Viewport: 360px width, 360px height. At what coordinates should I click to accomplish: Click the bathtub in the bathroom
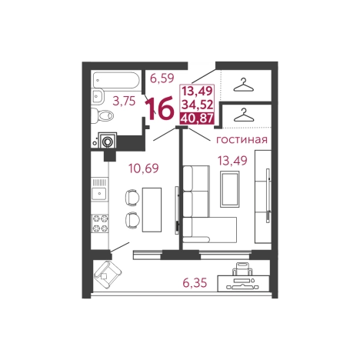tap(116, 80)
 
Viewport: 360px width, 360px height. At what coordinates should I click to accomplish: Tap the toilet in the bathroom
tap(103, 115)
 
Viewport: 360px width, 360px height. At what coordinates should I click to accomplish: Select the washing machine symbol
tap(107, 141)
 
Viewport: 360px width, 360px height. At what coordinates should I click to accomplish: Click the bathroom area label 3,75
tap(124, 102)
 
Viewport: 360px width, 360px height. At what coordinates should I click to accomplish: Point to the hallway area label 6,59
tap(162, 78)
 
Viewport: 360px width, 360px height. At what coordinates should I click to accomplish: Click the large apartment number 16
tap(159, 108)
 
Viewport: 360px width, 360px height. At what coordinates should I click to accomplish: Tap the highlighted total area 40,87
tap(197, 118)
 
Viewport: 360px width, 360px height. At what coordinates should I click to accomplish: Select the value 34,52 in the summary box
tap(197, 105)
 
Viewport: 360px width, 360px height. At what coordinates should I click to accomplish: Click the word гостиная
tap(242, 140)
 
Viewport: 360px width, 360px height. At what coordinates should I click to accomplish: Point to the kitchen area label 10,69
tap(144, 168)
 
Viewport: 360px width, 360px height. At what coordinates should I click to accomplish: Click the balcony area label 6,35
tap(195, 283)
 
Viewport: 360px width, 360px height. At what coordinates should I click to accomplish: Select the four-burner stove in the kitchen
tap(100, 223)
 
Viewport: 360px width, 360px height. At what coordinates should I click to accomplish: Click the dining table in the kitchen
tap(152, 209)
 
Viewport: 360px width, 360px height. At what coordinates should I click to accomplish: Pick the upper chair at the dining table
tap(132, 198)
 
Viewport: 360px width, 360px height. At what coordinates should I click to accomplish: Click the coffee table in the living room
tap(230, 189)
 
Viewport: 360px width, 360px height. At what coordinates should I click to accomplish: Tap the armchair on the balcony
tap(107, 275)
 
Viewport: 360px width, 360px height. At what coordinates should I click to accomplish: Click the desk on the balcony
tap(243, 284)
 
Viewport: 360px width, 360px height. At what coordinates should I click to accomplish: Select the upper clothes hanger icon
tap(243, 85)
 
